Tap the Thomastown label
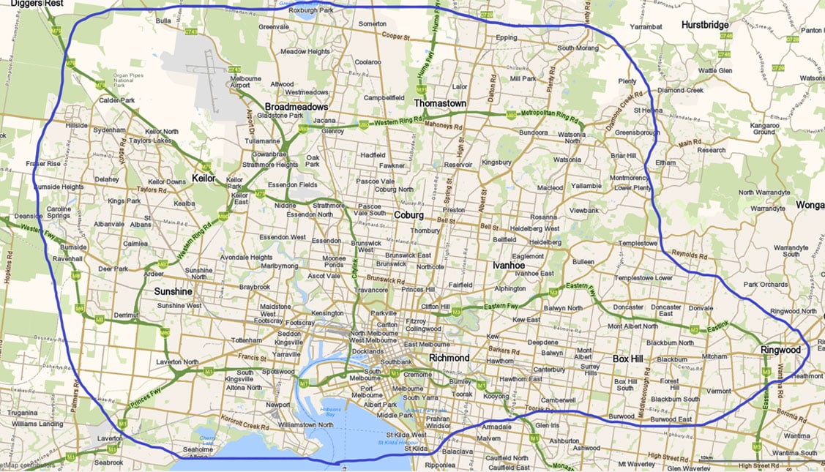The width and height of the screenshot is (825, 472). pos(440,104)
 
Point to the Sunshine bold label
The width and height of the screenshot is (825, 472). pos(173,291)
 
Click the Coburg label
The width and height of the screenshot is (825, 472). pos(408,215)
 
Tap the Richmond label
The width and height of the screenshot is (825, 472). pos(449,358)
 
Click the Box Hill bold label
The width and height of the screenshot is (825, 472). pos(631,359)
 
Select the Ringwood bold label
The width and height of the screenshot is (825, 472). pos(780,350)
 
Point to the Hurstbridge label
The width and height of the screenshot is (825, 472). pos(705,25)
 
